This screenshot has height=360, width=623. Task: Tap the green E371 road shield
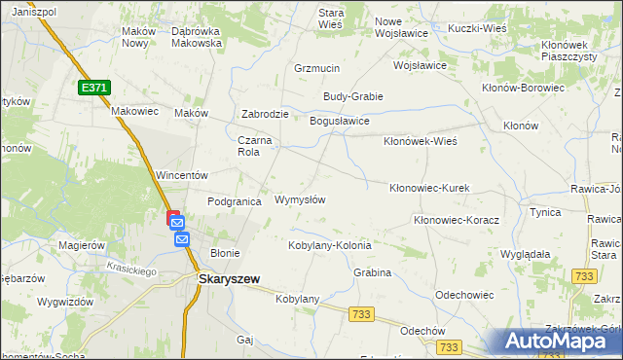(93, 88)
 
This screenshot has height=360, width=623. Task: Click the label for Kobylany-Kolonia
(330, 245)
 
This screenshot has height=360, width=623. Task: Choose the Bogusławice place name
(339, 121)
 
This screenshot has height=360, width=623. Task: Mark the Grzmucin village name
(316, 69)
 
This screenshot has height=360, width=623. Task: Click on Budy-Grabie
(353, 96)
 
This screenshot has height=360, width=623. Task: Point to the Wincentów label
(183, 175)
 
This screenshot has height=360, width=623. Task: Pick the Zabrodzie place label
(265, 114)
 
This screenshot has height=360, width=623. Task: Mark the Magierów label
(82, 245)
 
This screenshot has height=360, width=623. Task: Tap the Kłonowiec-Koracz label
(457, 221)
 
